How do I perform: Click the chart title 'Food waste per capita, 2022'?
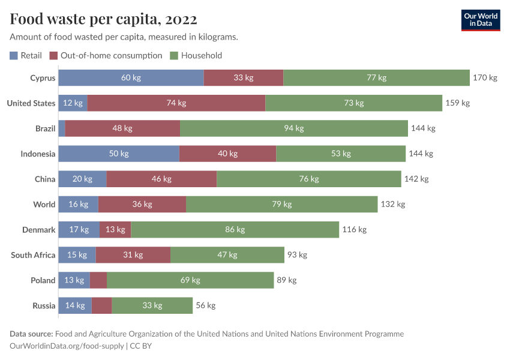coord(103,19)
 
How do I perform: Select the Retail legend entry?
coord(26,56)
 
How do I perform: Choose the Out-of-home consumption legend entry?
coord(106,56)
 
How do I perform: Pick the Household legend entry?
coord(196,56)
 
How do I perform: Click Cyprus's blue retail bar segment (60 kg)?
coord(131,78)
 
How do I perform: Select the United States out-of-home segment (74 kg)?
coord(176,103)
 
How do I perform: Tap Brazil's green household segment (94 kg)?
coord(294,128)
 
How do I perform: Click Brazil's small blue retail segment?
coord(62,128)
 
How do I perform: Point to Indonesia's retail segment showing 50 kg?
coord(119,154)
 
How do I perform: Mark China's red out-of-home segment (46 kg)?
coord(161,179)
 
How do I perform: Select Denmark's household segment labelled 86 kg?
coord(235,230)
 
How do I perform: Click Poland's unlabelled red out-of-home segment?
coord(98,280)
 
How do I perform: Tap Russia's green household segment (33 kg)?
coord(152,305)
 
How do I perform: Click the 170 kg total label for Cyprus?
coord(485,78)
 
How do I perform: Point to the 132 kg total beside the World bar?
coord(393,205)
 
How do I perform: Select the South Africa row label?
coord(33,255)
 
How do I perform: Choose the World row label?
coord(44,205)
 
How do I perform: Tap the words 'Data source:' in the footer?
coord(31,334)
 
